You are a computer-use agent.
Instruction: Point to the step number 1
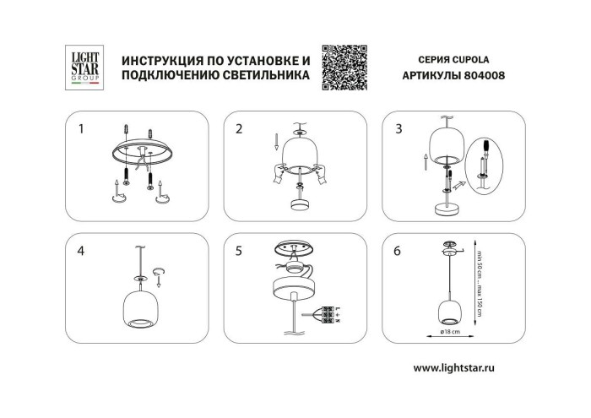[81, 129]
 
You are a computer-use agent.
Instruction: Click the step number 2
[239, 129]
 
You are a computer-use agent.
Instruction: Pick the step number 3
[399, 129]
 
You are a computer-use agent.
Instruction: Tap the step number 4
[81, 251]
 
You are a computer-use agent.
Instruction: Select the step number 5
[239, 251]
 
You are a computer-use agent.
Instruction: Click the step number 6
[399, 251]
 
